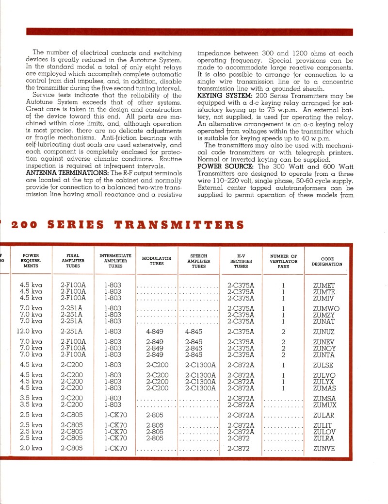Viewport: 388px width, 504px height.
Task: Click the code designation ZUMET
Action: point(323,286)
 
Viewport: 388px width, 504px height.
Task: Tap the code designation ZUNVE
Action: point(324,448)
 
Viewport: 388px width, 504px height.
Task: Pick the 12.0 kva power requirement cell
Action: point(31,332)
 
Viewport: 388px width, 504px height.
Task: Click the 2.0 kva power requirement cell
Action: point(31,448)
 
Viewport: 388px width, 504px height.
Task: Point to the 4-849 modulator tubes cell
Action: point(154,332)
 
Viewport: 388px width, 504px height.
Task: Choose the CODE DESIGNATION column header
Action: point(326,261)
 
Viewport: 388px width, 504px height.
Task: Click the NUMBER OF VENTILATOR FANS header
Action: point(283,261)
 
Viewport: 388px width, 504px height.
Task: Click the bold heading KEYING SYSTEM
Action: point(221,96)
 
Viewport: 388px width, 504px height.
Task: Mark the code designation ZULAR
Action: point(323,415)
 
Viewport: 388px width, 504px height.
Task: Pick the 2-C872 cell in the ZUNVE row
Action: point(238,448)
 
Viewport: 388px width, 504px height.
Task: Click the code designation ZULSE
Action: point(323,365)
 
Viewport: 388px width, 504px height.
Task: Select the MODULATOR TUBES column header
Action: point(156,261)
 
